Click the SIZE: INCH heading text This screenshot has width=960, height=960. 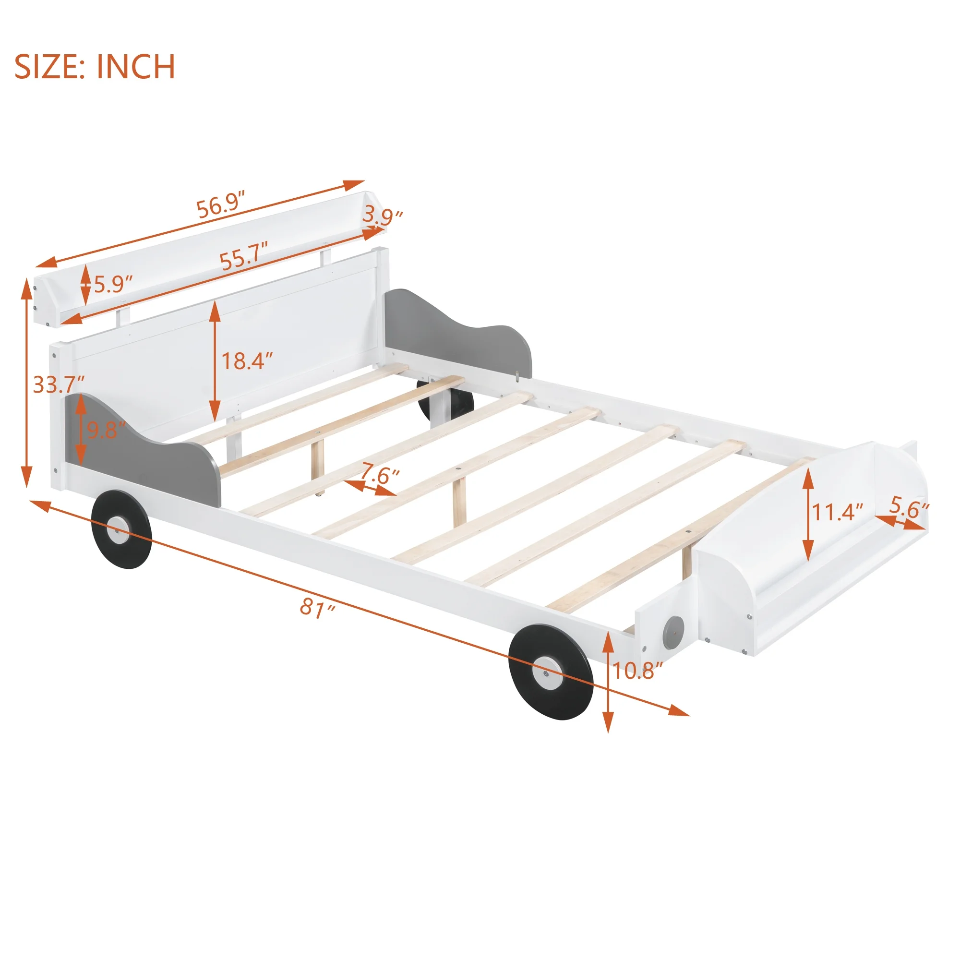click(x=95, y=67)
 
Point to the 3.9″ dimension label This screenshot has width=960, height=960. click(x=382, y=216)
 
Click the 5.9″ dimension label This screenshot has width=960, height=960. click(x=114, y=285)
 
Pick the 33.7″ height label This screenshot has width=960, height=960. click(x=59, y=384)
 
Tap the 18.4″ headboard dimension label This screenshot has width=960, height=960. click(x=247, y=361)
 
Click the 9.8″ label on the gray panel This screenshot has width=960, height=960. click(x=106, y=430)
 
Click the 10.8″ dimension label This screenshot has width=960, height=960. click(x=637, y=672)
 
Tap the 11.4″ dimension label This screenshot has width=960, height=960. click(x=837, y=512)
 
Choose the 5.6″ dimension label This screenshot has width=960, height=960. click(x=909, y=507)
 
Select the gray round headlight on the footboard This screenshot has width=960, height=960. click(x=673, y=633)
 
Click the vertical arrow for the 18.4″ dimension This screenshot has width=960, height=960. click(x=215, y=362)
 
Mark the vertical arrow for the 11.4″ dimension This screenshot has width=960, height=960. click(x=808, y=514)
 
